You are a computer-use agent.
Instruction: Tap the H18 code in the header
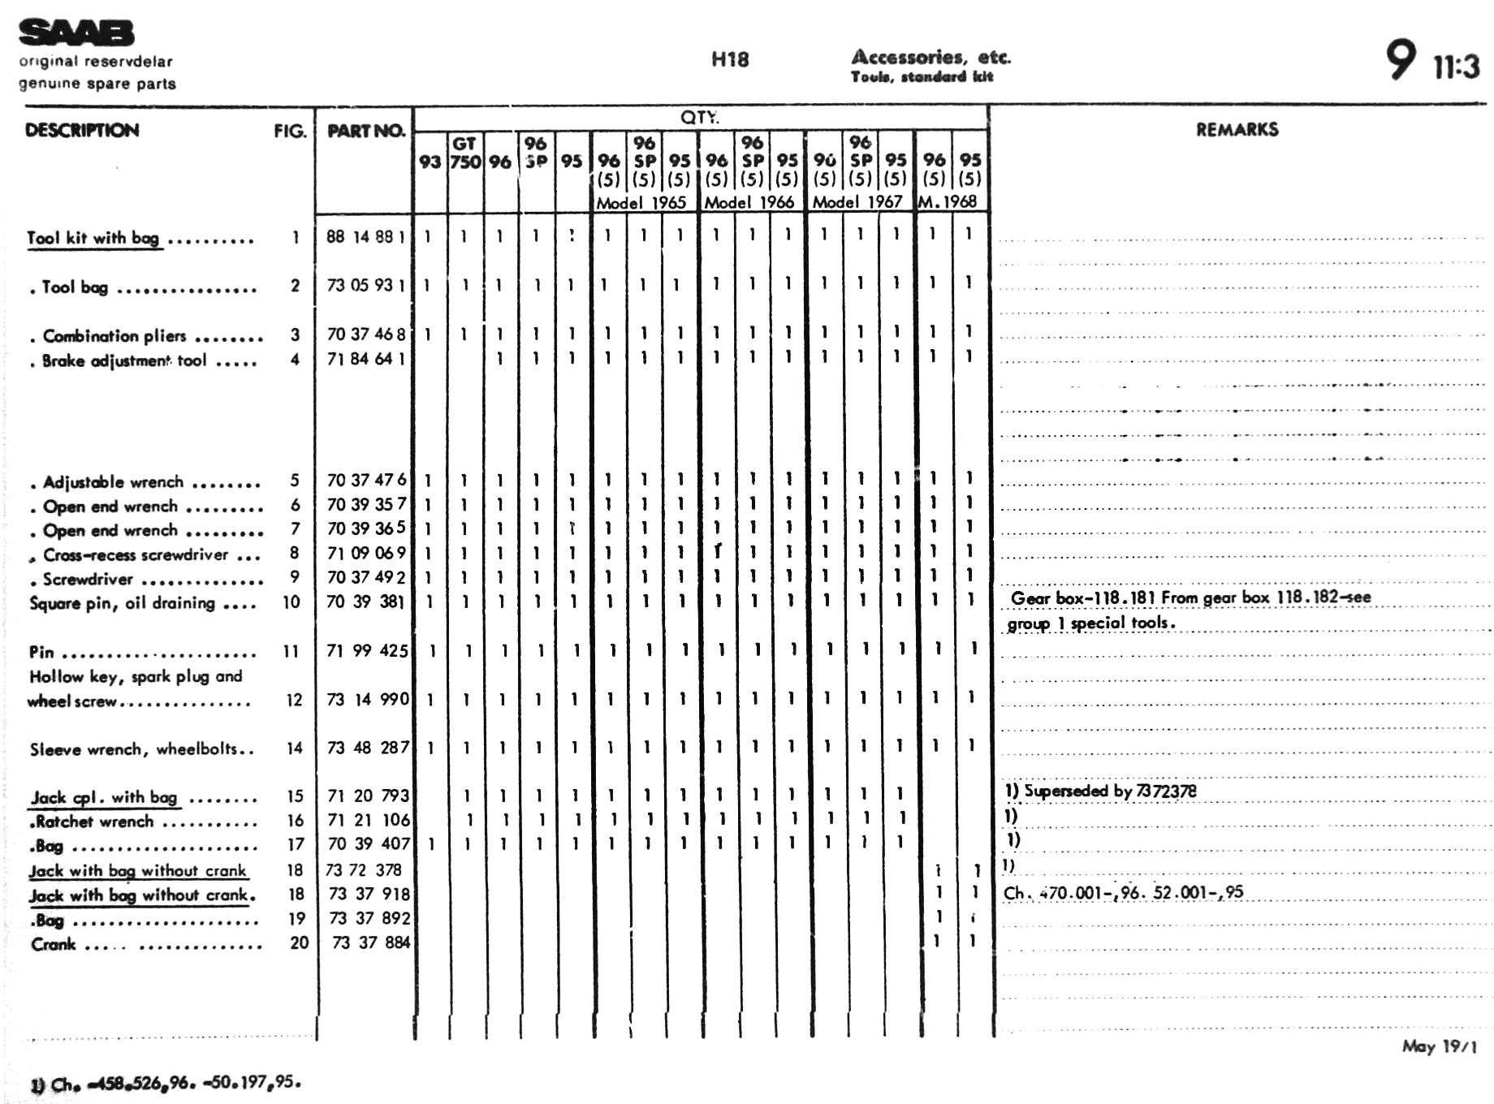coord(729,59)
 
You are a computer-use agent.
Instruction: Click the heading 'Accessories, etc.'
coord(931,57)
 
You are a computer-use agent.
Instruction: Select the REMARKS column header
coord(1237,130)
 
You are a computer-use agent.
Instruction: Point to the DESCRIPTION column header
coord(82,131)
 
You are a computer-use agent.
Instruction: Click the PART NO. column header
coord(365,131)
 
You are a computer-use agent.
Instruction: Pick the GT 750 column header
coord(464,153)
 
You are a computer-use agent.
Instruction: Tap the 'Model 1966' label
coord(749,202)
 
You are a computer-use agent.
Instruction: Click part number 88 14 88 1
coord(365,237)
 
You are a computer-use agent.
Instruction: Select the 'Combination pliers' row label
coord(114,336)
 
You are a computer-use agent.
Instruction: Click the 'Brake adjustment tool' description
coord(124,360)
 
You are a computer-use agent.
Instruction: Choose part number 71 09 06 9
coord(365,554)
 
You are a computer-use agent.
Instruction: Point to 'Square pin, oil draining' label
coord(123,603)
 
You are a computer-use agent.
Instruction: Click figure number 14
coord(295,748)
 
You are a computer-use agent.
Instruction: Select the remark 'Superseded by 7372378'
coord(1109,791)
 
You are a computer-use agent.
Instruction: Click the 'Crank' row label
coord(54,944)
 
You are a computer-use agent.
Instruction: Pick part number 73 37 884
coord(371,942)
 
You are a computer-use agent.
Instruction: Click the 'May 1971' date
coord(1439,1046)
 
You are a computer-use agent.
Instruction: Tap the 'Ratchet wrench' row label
coord(95,822)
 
